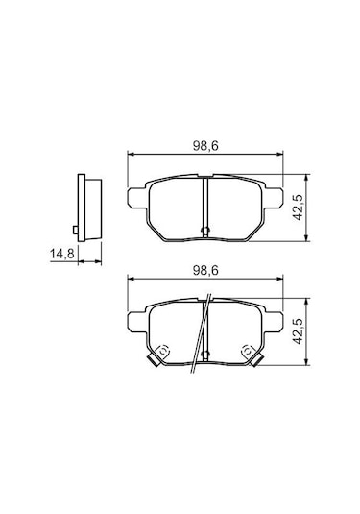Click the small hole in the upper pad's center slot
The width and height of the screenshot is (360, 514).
point(205,229)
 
